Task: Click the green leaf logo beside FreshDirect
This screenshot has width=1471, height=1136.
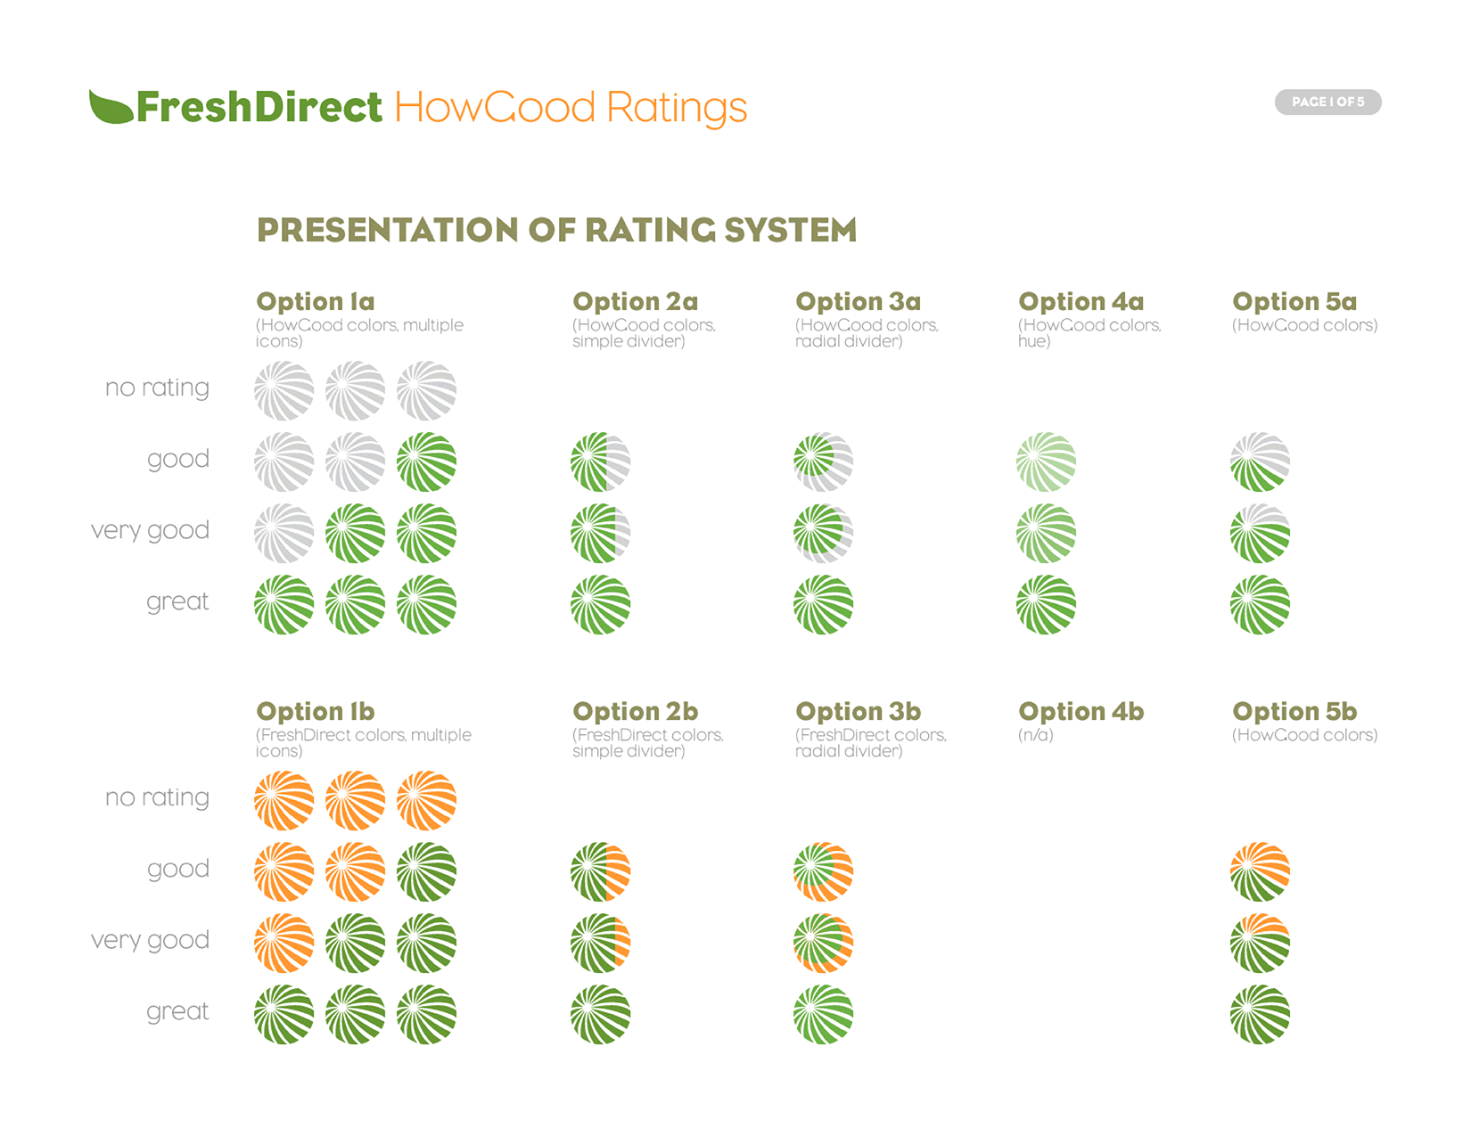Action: [x=111, y=107]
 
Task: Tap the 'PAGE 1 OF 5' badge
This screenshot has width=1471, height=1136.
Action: [x=1327, y=102]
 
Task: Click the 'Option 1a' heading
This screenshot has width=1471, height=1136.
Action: [x=315, y=301]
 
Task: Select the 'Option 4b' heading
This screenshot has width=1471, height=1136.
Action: [x=1081, y=711]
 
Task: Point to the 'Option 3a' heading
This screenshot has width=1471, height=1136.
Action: [x=858, y=301]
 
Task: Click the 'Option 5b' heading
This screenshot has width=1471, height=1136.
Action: [x=1294, y=711]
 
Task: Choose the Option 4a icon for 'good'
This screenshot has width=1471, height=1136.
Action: [x=1046, y=462]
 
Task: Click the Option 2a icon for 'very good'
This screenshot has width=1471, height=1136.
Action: [x=600, y=533]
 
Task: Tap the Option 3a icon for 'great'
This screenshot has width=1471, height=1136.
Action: [x=823, y=604]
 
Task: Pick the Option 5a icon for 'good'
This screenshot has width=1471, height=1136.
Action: [x=1260, y=462]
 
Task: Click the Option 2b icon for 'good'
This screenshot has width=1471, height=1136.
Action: [x=600, y=871]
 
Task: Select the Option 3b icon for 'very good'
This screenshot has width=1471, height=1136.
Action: [x=823, y=943]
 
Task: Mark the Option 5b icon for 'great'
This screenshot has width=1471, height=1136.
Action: [x=1260, y=1014]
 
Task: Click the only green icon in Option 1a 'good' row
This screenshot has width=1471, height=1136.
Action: [x=426, y=462]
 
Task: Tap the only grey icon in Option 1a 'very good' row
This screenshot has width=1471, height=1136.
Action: [x=284, y=533]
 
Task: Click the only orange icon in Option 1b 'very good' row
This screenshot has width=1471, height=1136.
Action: [x=284, y=943]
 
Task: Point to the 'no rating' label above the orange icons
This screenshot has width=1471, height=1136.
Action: [x=157, y=797]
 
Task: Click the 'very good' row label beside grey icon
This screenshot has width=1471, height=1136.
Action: [x=150, y=530]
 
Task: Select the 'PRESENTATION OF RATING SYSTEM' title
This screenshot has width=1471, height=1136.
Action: [x=556, y=230]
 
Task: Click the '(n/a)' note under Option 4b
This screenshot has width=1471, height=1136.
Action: [x=1036, y=735]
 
